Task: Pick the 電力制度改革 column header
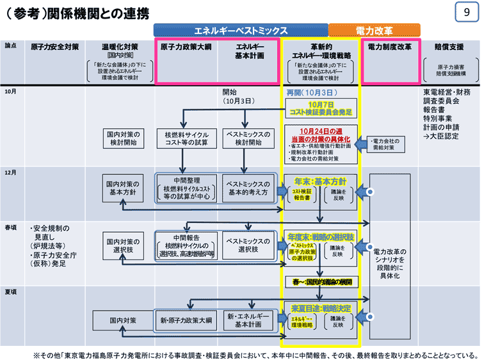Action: pos(389,47)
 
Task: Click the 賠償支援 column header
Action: pos(448,47)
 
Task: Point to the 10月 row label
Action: pos(11,92)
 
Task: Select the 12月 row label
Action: pos(11,172)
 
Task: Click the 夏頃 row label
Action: pos(11,291)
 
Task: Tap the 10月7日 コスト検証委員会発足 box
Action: pos(321,108)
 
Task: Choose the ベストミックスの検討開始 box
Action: pos(245,138)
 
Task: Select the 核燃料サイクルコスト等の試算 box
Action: pos(185,138)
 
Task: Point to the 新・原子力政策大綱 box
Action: pos(185,320)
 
